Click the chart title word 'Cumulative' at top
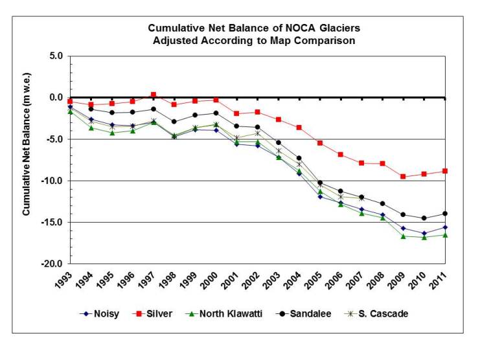pos(174,28)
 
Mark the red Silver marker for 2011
pos(445,171)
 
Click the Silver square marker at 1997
pos(154,95)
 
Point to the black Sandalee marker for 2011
pos(445,214)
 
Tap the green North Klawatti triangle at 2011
pos(445,235)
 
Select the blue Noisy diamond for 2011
pos(445,227)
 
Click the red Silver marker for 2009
pos(403,177)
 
